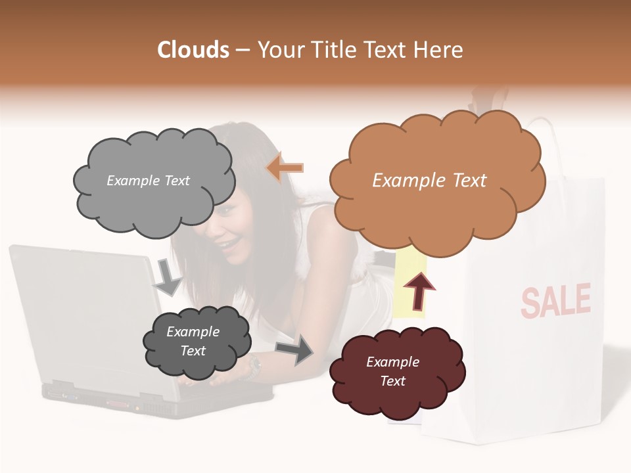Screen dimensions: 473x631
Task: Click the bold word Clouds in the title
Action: click(193, 50)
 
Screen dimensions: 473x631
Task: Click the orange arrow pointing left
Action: click(285, 168)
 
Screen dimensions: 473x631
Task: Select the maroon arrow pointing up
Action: click(419, 292)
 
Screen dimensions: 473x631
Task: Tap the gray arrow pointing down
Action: click(168, 277)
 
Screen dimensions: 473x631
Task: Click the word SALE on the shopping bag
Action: click(555, 301)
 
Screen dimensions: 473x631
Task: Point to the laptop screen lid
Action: click(85, 309)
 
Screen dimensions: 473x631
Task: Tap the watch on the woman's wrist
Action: click(254, 369)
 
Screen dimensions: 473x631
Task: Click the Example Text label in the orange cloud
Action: click(429, 181)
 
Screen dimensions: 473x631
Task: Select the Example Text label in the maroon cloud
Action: click(392, 371)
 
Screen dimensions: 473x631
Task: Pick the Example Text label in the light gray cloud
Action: click(148, 181)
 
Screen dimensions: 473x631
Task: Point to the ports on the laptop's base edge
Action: click(99, 397)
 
